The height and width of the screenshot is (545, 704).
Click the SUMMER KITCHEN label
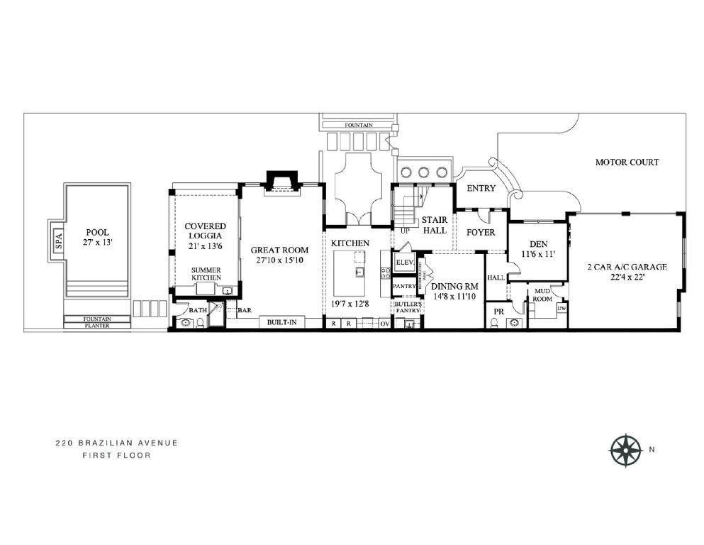point(206,274)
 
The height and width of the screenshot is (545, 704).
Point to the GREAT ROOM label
point(279,255)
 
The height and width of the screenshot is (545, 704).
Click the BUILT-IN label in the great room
point(281,323)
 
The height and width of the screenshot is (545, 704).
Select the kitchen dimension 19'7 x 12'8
point(351,304)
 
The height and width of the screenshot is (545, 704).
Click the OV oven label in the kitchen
point(384,324)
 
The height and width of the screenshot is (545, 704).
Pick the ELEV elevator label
point(404,262)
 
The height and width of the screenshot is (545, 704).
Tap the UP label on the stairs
point(405,231)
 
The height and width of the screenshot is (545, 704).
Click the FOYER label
point(480,232)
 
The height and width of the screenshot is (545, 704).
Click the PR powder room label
point(498,311)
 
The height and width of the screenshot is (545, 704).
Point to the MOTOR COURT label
point(626,163)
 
